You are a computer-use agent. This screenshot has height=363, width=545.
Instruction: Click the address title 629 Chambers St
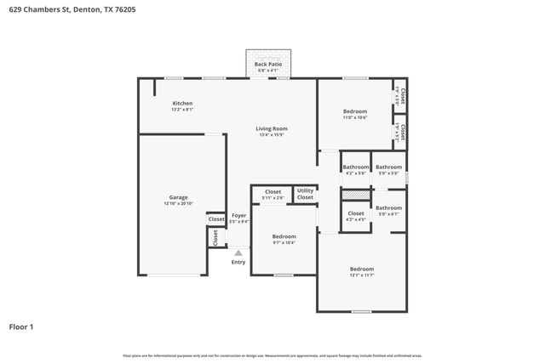(x=72, y=9)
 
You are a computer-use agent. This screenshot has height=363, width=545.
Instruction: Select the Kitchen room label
(x=183, y=104)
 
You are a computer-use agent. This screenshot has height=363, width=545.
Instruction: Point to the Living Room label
(x=272, y=129)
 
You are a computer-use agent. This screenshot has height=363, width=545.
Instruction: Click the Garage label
(x=178, y=196)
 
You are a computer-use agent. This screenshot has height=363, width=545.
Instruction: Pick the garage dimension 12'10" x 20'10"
(x=178, y=204)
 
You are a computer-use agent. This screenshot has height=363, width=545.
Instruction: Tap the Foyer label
(x=239, y=215)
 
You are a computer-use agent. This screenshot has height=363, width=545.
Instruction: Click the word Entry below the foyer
(x=238, y=262)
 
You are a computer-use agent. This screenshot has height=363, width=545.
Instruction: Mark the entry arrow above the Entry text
(x=239, y=252)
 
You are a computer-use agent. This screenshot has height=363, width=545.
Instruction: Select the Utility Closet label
(x=305, y=194)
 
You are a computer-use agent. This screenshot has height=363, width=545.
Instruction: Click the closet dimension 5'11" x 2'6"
(x=272, y=199)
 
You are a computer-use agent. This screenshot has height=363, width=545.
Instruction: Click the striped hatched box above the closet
(x=355, y=196)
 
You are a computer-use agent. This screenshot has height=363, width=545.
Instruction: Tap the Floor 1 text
(x=21, y=326)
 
